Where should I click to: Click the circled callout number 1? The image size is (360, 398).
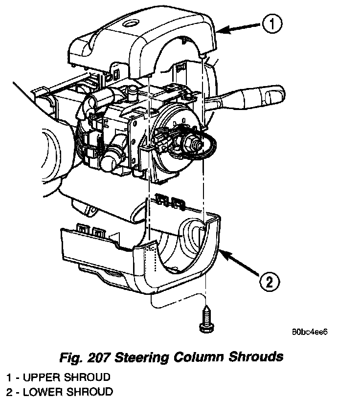(x=271, y=24)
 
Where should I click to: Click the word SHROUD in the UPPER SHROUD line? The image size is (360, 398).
(x=88, y=377)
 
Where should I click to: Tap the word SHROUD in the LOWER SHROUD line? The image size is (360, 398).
(x=90, y=391)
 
